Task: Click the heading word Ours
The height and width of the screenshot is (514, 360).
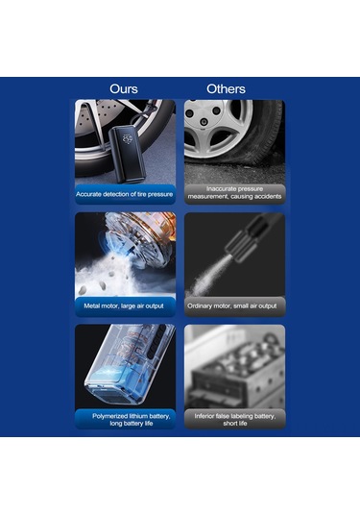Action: point(124,88)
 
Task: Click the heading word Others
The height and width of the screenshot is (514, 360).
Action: point(226,88)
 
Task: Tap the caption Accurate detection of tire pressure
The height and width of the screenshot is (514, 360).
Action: point(125,194)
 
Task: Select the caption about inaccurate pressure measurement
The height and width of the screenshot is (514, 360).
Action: point(234,193)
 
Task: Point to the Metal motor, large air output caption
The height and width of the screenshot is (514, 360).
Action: point(124,306)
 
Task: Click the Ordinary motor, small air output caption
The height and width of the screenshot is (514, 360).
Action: point(232,306)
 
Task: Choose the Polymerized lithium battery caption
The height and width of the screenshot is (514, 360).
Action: point(131,420)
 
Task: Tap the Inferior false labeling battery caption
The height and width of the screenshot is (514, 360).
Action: point(235,420)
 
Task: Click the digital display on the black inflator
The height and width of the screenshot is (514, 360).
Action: point(127,139)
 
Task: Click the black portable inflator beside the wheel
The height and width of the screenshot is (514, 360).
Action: point(127,154)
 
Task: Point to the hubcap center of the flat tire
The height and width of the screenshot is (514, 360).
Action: point(204,122)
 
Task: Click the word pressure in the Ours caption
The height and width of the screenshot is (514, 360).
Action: point(160,194)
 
